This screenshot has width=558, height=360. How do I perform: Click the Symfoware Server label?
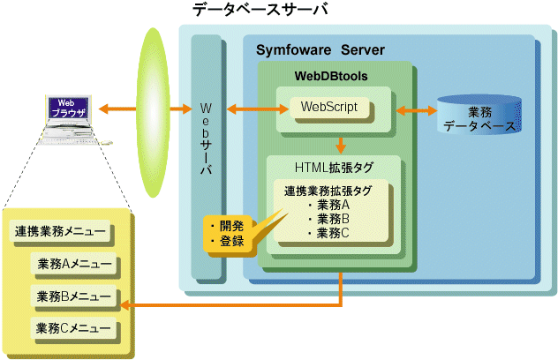tap(320, 49)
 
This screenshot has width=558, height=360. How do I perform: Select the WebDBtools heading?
tap(331, 77)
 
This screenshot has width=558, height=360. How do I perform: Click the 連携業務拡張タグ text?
tap(328, 191)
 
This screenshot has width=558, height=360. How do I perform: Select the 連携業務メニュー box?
tap(61, 233)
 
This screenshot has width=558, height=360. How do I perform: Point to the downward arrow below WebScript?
tap(339, 144)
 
